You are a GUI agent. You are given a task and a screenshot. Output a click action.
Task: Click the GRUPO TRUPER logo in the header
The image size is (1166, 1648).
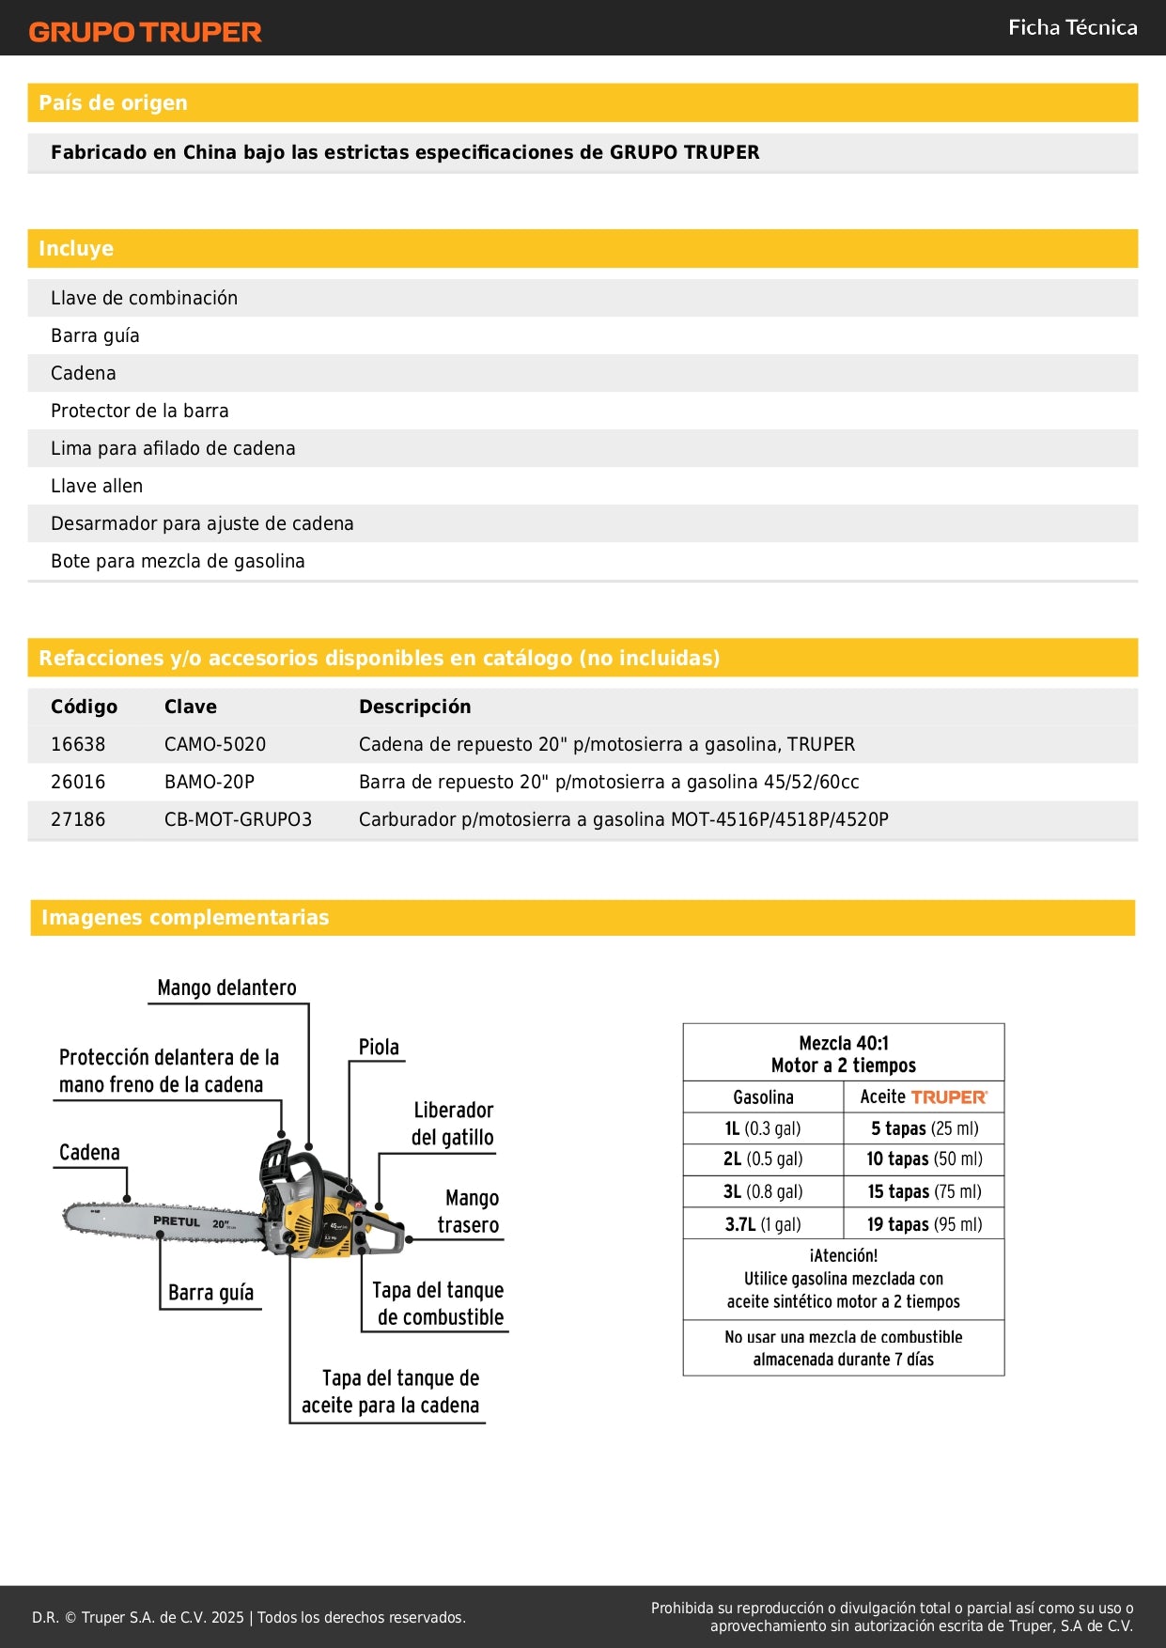(145, 32)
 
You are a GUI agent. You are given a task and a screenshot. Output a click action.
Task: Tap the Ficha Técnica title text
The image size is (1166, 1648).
(1072, 27)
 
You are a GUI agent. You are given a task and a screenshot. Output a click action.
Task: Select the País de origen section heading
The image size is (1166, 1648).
(113, 102)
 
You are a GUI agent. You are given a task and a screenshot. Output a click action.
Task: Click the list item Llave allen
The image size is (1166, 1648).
(97, 486)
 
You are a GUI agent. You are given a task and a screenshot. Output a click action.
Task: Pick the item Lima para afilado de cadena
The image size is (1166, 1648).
(173, 448)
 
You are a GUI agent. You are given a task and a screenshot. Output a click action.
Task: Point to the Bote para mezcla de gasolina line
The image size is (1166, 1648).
(178, 561)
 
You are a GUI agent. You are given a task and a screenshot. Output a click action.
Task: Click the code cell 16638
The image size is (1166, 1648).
(78, 744)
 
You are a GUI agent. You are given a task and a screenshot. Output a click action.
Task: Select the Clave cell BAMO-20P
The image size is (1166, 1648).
(209, 782)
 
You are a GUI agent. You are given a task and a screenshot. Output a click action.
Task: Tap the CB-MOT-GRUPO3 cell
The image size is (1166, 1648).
(238, 819)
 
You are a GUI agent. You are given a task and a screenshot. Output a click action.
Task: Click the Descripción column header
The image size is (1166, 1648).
(414, 707)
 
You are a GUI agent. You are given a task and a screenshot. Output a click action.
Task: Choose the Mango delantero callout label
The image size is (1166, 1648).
(226, 987)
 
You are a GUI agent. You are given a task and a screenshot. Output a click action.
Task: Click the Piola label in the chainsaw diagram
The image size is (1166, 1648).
(379, 1047)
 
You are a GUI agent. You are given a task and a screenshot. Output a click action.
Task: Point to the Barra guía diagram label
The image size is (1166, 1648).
(210, 1292)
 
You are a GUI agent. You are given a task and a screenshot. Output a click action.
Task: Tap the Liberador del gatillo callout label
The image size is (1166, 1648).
(453, 1124)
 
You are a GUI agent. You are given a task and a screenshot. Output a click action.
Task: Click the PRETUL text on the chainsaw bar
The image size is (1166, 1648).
(177, 1221)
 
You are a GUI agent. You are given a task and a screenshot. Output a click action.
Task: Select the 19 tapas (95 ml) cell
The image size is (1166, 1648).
(925, 1224)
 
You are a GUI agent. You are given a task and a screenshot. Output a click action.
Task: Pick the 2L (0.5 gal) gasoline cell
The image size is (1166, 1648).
(763, 1158)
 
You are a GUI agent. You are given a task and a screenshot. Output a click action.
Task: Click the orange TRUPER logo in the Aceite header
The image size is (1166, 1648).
(949, 1097)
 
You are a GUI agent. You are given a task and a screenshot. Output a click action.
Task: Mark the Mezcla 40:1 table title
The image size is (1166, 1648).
(843, 1043)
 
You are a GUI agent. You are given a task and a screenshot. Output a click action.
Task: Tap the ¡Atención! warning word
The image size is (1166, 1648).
(843, 1255)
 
